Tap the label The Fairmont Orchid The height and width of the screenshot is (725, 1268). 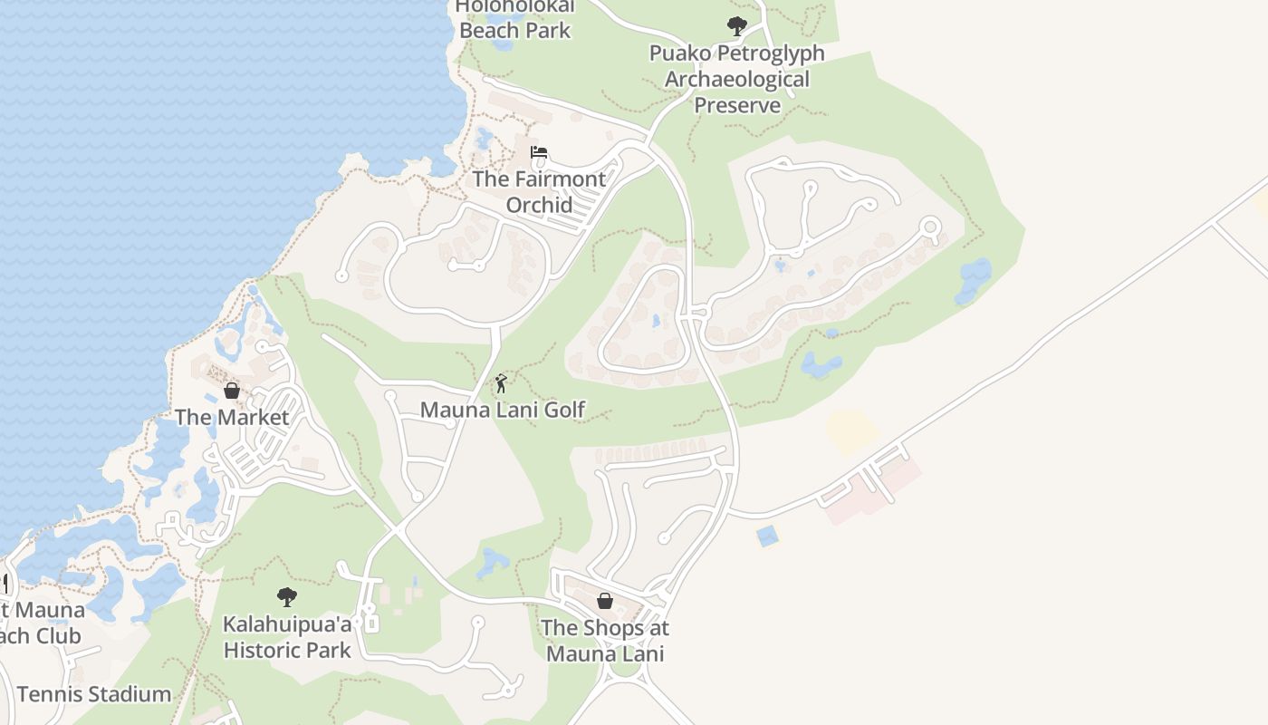(x=539, y=191)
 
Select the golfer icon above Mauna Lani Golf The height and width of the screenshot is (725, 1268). (x=501, y=383)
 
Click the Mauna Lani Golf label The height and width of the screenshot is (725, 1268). (x=503, y=410)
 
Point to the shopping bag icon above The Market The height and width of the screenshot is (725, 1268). (x=232, y=391)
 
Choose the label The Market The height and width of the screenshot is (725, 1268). (x=232, y=417)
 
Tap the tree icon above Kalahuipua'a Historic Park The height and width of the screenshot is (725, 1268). (x=287, y=596)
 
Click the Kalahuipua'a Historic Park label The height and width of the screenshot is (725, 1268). (x=287, y=637)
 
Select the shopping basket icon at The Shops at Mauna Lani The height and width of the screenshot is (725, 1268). (x=605, y=601)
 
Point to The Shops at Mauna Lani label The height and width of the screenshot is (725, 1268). (x=605, y=640)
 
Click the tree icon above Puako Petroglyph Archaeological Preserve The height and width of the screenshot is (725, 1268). (x=737, y=26)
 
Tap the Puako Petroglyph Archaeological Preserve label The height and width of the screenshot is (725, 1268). (x=736, y=79)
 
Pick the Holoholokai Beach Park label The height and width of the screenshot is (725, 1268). (x=514, y=18)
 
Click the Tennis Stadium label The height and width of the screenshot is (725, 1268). (x=94, y=694)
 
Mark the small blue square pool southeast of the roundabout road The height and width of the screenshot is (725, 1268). (x=767, y=536)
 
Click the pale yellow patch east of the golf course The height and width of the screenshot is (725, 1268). (x=851, y=431)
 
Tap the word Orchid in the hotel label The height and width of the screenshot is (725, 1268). (x=539, y=205)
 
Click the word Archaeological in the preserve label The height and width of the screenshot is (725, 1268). (x=736, y=79)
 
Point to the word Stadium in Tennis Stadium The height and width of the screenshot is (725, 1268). (x=126, y=694)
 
